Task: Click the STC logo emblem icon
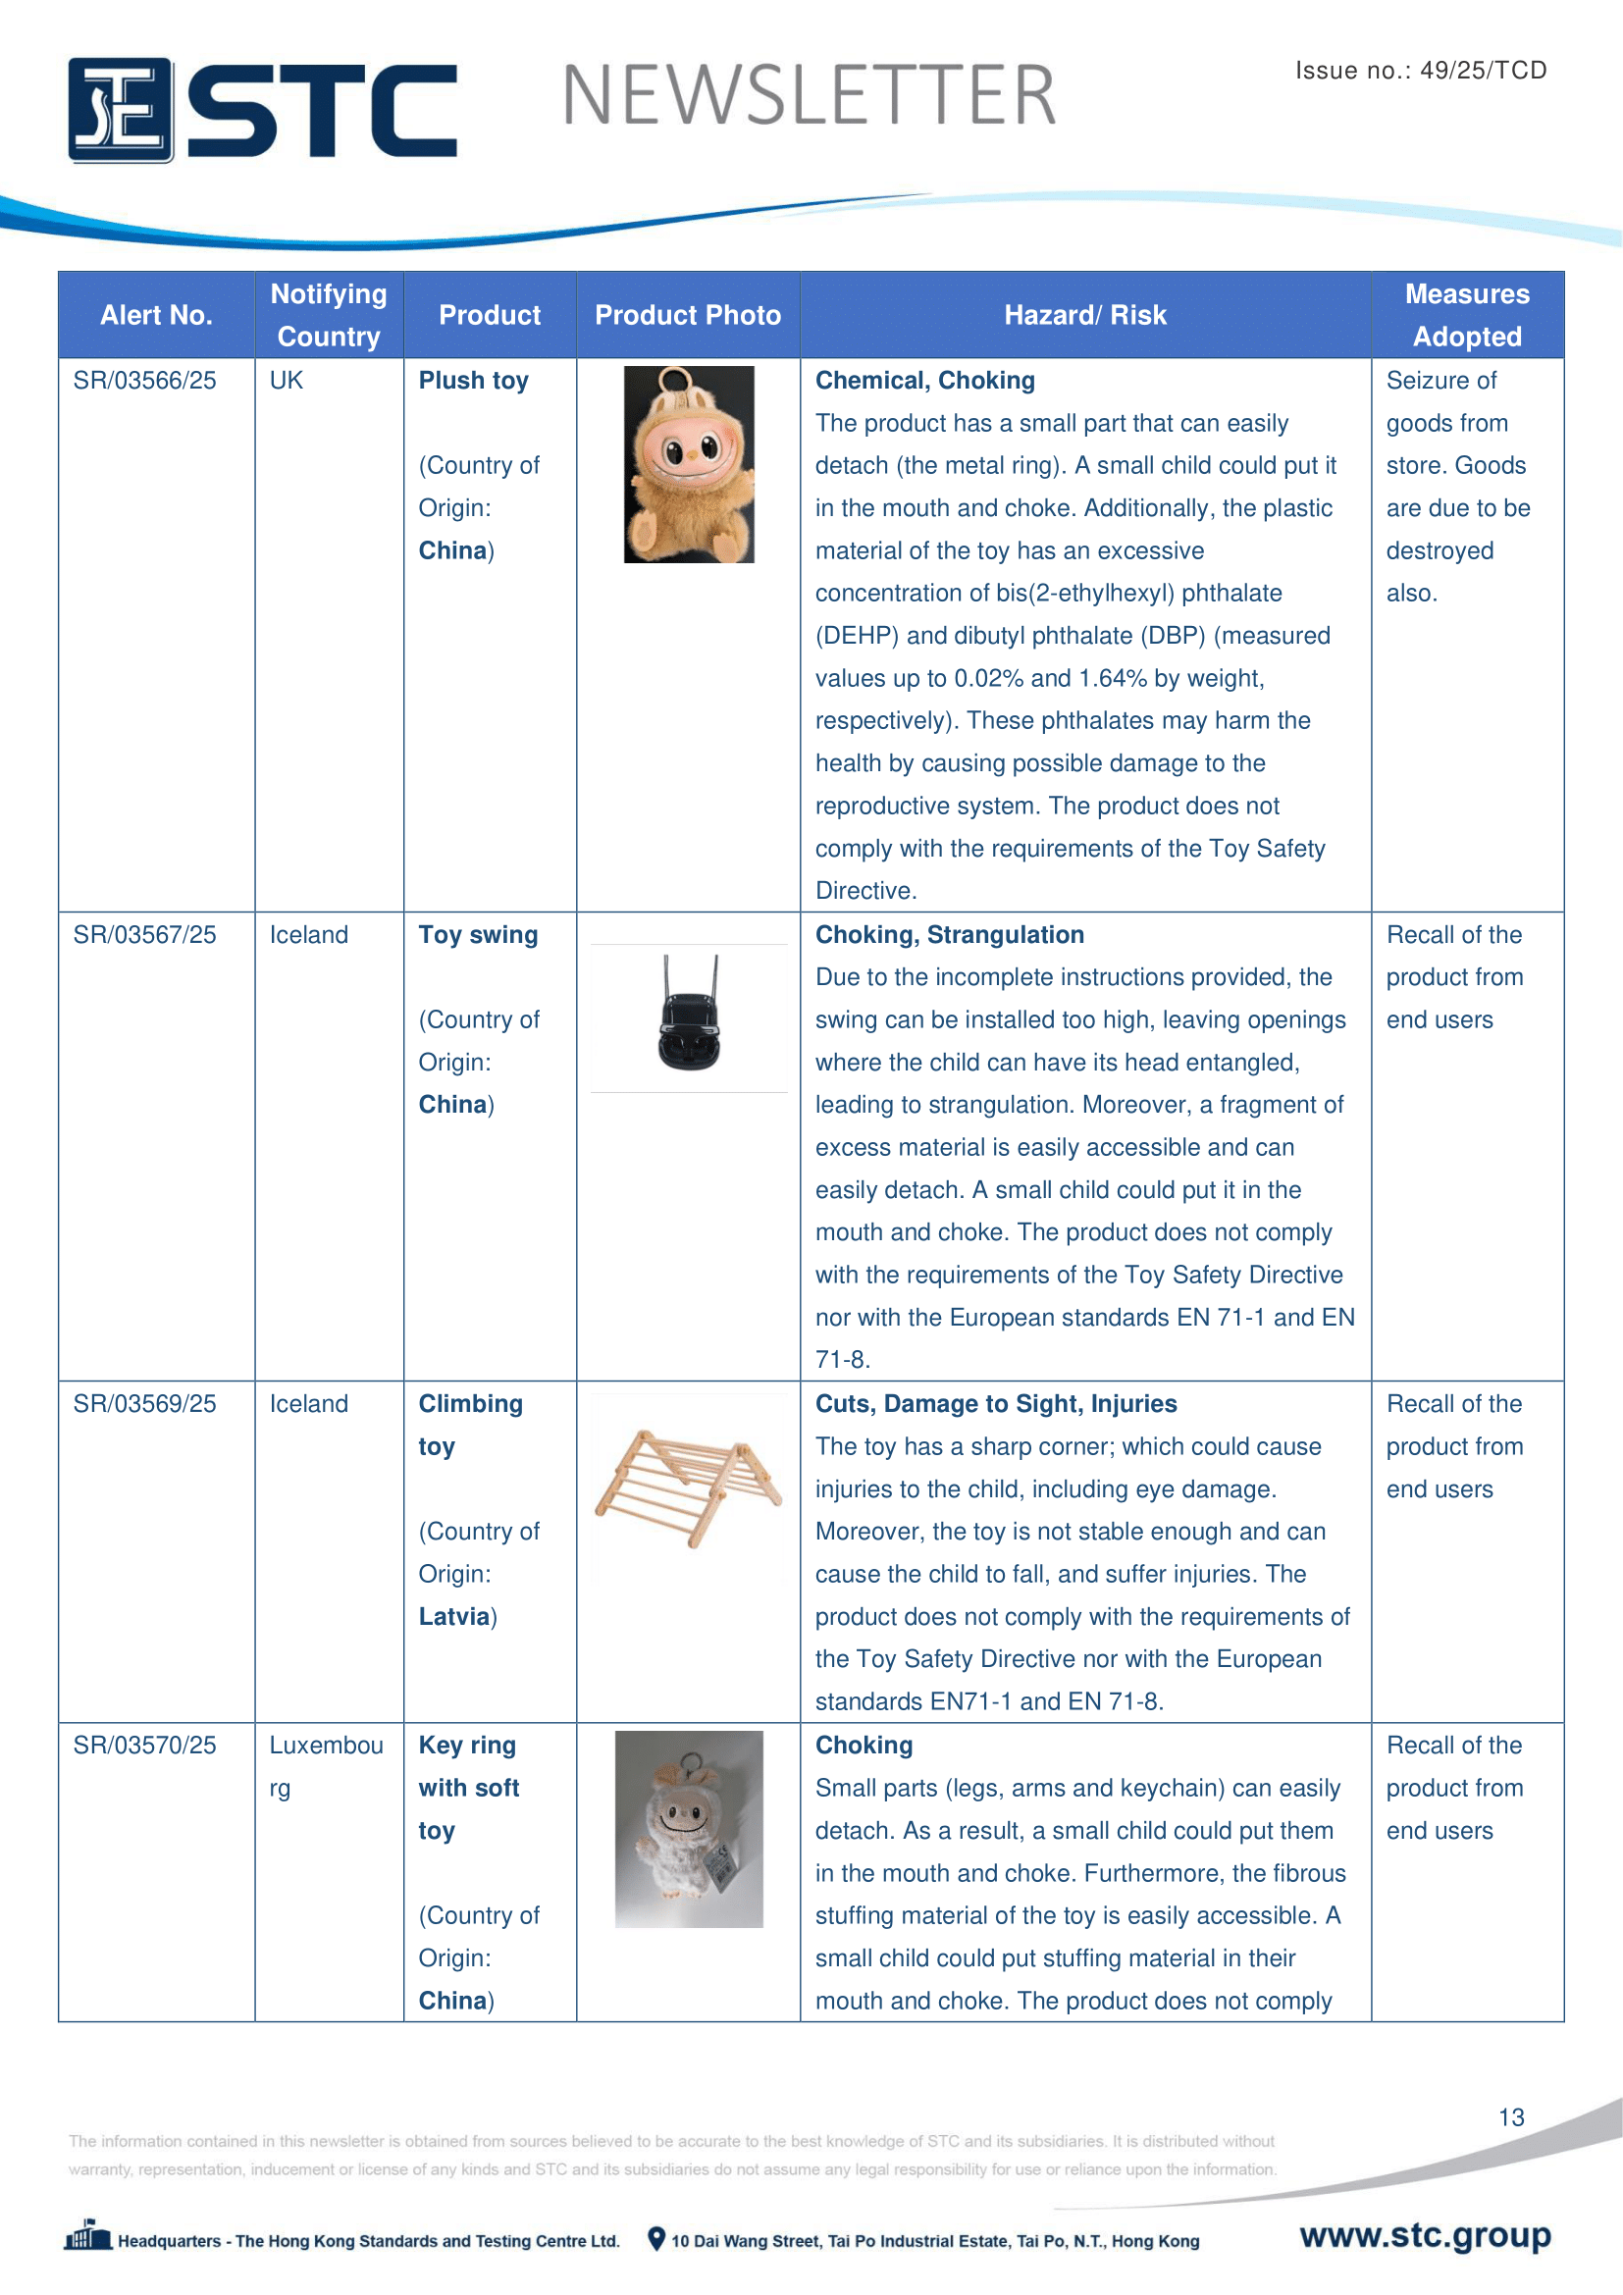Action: (x=121, y=110)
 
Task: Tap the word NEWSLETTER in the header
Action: (x=809, y=96)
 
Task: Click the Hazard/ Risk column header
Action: (x=1084, y=316)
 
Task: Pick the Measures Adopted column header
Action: (x=1466, y=316)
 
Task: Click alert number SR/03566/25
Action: (x=145, y=381)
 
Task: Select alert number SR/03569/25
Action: (x=145, y=1404)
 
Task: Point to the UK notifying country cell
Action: (x=287, y=381)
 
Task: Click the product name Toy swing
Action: (x=478, y=936)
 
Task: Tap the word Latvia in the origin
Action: (x=454, y=1617)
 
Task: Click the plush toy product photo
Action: (x=689, y=465)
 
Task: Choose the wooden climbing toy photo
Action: (x=689, y=1487)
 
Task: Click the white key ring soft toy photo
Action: (x=689, y=1829)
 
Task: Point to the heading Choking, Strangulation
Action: (x=950, y=936)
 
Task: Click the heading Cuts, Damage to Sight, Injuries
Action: (x=995, y=1404)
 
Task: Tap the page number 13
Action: (x=1510, y=2117)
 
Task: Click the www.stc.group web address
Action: (x=1424, y=2235)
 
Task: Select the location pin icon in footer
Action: (x=655, y=2239)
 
